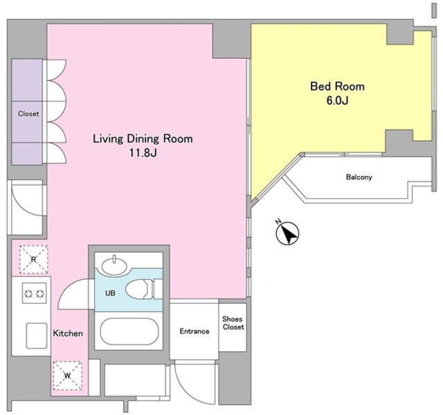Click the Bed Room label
(337, 86)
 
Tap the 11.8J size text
(143, 152)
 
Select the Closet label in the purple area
(28, 114)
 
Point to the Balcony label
(359, 177)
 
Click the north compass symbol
(287, 233)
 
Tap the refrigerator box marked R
(34, 260)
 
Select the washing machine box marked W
(68, 376)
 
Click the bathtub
(129, 331)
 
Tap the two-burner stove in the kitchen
(34, 294)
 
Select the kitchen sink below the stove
(37, 336)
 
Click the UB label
(110, 293)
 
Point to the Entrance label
(195, 331)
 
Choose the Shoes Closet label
(233, 323)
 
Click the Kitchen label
(68, 333)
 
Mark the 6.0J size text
(337, 100)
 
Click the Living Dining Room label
(143, 139)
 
